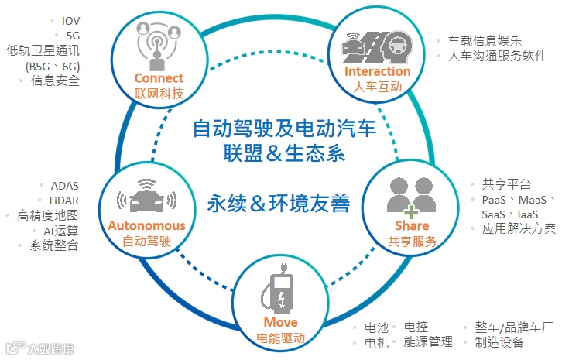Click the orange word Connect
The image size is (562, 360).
[159, 77]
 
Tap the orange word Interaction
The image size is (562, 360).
[378, 72]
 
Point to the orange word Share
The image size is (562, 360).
[412, 226]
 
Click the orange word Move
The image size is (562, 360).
[279, 322]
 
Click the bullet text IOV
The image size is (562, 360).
[70, 20]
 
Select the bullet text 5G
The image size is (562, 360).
[73, 35]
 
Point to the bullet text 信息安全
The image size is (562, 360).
[55, 81]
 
